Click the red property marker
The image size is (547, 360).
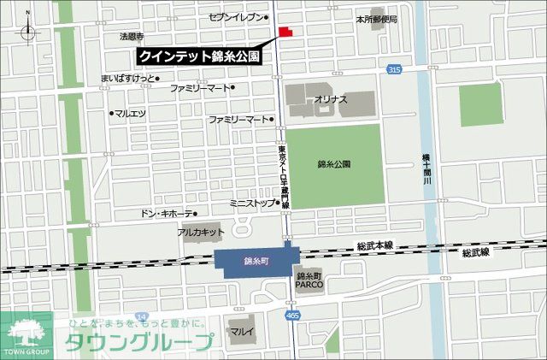284,32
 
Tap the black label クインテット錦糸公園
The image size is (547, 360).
199,56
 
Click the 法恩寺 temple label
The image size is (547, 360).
132,38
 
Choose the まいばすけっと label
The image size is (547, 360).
128,79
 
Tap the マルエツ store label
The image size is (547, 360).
131,113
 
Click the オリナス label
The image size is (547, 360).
330,99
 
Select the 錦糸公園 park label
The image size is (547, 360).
333,163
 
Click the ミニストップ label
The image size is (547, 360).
253,204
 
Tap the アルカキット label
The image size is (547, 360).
201,232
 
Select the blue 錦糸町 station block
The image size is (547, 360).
256,263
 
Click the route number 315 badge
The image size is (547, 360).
393,69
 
